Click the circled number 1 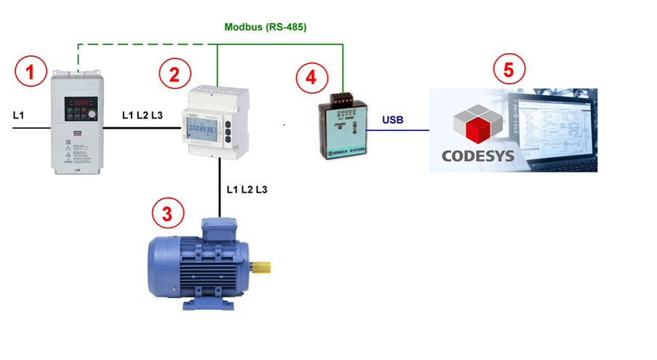(x=30, y=72)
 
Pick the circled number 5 (x=509, y=70)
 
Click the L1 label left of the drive (x=20, y=115)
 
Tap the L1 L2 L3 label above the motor (x=247, y=190)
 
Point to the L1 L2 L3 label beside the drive (x=143, y=115)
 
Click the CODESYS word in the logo (x=477, y=155)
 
